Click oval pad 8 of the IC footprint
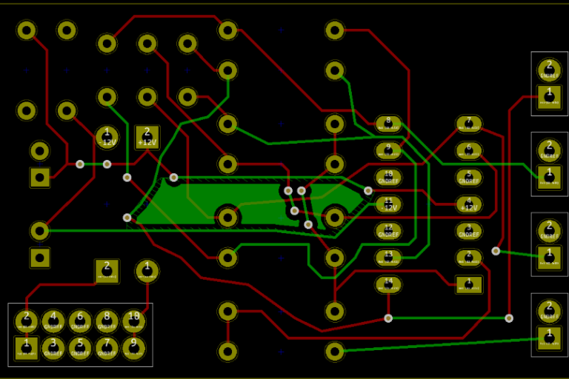coord(388,124)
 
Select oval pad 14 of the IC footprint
coord(388,284)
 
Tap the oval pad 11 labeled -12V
coord(388,204)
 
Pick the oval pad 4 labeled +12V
coord(468,204)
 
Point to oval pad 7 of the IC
coord(468,124)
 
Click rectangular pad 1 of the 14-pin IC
coord(468,284)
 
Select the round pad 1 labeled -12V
coord(107,137)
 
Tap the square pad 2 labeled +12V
coord(147,137)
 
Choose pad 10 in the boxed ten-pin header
coord(133,320)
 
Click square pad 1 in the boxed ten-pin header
coord(27,346)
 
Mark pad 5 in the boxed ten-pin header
coord(80,346)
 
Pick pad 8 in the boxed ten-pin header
coord(107,320)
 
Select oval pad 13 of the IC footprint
coord(388,258)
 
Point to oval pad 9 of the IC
coord(388,150)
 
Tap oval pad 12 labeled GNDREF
coord(388,231)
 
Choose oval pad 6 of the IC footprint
coord(468,150)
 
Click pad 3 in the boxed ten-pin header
coord(53,346)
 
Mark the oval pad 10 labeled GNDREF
coord(388,177)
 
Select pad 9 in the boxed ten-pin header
coord(133,346)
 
